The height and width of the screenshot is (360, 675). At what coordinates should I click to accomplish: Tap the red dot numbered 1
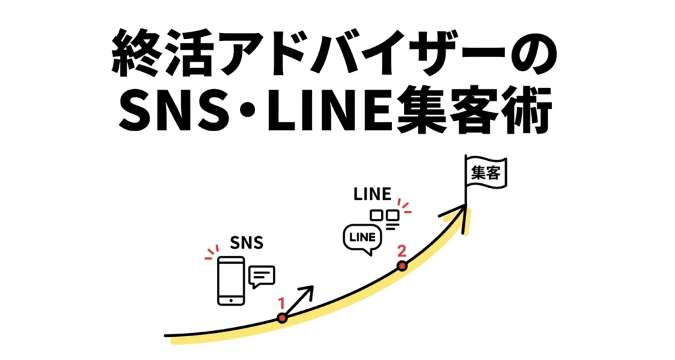[x=282, y=318]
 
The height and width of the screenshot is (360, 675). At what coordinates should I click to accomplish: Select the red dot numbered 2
[x=402, y=266]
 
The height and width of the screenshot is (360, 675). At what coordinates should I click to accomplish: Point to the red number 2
[x=401, y=250]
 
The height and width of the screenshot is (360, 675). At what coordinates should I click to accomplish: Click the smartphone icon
[x=231, y=281]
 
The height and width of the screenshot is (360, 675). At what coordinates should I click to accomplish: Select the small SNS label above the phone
[x=247, y=243]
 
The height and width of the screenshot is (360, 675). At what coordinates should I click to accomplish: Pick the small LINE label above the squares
[x=372, y=195]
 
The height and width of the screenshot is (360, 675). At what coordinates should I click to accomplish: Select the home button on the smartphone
[x=231, y=300]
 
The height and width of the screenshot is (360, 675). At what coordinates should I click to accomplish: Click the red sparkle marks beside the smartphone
[x=212, y=253]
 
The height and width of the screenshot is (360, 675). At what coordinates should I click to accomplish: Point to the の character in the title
[x=533, y=55]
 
